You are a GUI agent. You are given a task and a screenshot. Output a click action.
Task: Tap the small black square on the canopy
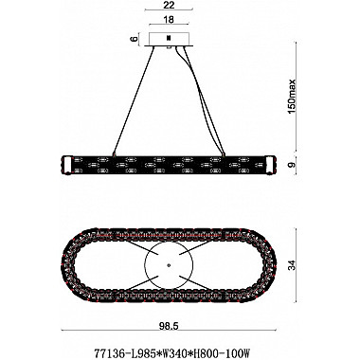170,39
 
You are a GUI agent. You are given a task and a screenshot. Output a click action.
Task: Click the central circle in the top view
170,255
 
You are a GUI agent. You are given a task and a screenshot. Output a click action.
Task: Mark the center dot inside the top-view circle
170,255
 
